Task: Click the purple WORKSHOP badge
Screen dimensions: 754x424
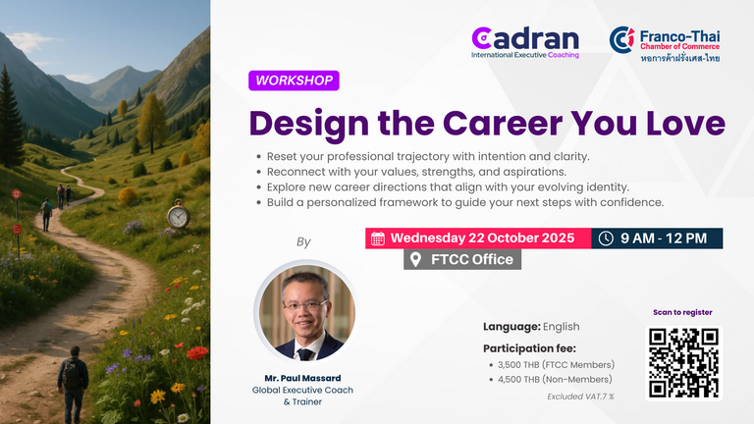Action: click(x=294, y=80)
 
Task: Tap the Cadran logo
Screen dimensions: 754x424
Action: click(x=525, y=42)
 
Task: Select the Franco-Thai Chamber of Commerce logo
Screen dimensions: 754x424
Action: click(x=665, y=45)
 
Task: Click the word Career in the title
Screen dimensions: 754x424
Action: click(x=503, y=123)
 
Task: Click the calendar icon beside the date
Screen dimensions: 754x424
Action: click(x=378, y=238)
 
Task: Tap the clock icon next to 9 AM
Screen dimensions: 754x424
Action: click(x=606, y=238)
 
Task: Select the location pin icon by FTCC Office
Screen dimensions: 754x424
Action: click(x=415, y=259)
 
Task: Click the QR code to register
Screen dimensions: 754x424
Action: click(x=683, y=363)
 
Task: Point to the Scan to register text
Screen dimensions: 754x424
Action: click(x=682, y=312)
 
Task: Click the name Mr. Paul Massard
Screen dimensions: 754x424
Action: click(x=302, y=378)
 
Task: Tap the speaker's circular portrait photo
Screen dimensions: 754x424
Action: click(x=306, y=311)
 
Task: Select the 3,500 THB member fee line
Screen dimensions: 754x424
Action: click(x=556, y=365)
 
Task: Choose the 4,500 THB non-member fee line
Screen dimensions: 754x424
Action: click(x=555, y=379)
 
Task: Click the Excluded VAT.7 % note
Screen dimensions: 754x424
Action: click(x=580, y=397)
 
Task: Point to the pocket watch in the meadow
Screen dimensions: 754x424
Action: click(x=178, y=214)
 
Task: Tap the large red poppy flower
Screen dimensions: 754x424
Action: click(x=197, y=353)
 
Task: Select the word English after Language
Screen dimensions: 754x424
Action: click(x=562, y=327)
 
